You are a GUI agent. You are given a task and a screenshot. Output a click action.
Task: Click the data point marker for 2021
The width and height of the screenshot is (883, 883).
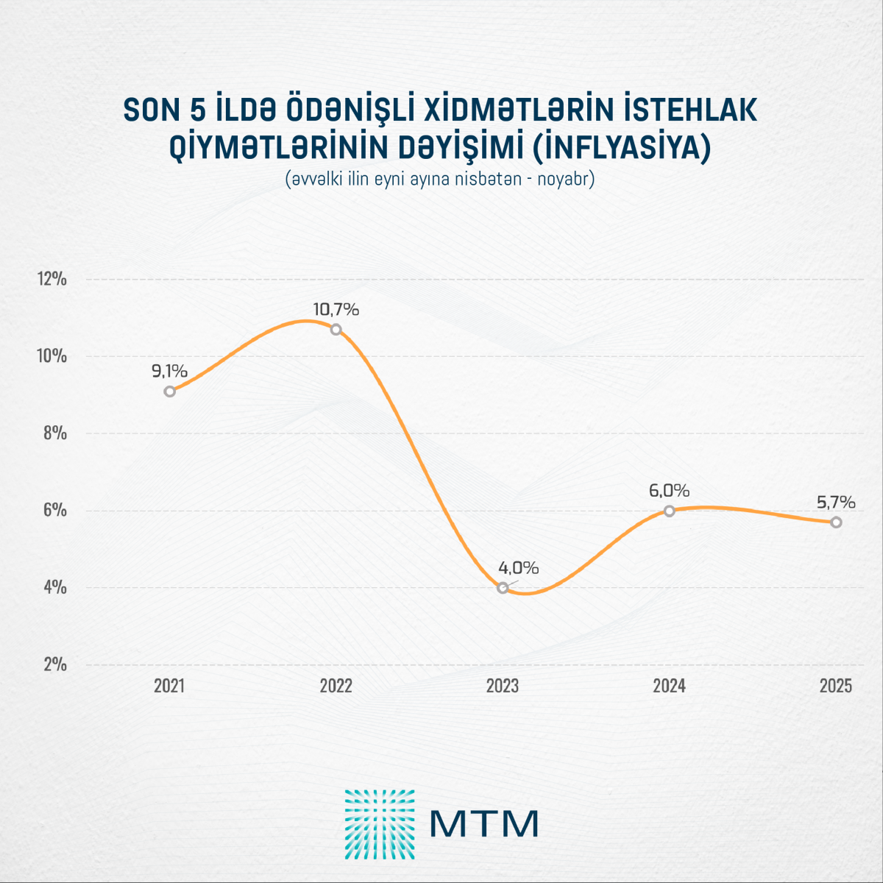tap(170, 391)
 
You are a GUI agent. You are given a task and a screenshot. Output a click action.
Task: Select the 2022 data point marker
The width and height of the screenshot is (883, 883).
tap(336, 329)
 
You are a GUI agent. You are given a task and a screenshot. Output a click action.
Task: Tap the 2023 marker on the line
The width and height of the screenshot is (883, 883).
tap(503, 587)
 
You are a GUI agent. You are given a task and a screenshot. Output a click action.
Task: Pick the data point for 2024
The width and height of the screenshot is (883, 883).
tap(669, 511)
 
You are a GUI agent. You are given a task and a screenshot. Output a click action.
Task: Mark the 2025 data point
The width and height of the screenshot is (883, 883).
tap(836, 522)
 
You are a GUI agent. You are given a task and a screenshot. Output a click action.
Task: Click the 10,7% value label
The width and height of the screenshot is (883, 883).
tap(336, 310)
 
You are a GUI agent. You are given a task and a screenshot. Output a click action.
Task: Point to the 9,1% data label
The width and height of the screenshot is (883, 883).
tap(170, 372)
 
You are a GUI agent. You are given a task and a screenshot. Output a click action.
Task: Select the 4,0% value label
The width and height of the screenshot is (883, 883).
tap(519, 568)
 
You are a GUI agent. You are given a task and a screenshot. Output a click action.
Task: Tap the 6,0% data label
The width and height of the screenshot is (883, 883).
tap(669, 491)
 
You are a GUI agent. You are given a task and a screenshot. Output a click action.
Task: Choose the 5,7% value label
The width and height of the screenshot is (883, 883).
tap(836, 503)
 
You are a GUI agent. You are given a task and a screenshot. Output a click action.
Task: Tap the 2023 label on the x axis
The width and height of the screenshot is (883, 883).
tap(503, 686)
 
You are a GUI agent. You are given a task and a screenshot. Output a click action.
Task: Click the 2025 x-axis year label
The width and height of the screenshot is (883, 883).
tap(836, 686)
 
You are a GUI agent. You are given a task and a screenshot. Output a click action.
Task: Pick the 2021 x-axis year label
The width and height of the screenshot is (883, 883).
tap(169, 686)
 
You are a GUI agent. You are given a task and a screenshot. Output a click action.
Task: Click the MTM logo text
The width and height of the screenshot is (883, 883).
tap(484, 823)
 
